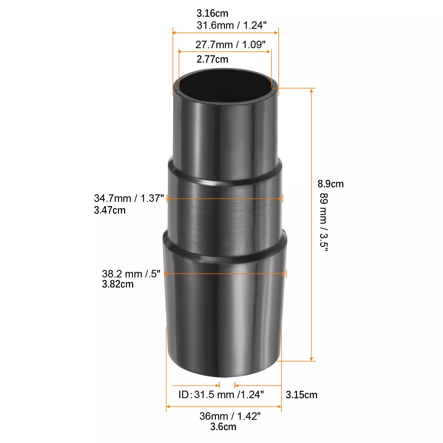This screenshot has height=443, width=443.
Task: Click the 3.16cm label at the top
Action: tap(212, 13)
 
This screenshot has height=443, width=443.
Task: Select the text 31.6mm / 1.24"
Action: tap(231, 25)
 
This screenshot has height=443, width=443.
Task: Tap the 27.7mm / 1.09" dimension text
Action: tap(230, 44)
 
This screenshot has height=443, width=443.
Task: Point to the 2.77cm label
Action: tap(212, 59)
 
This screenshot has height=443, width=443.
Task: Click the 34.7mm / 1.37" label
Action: tap(129, 198)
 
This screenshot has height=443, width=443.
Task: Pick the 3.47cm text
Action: tap(110, 210)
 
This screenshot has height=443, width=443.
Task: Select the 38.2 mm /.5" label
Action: tap(131, 274)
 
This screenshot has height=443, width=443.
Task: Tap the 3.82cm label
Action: tap(118, 284)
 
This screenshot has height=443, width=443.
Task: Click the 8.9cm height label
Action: tap(331, 184)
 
